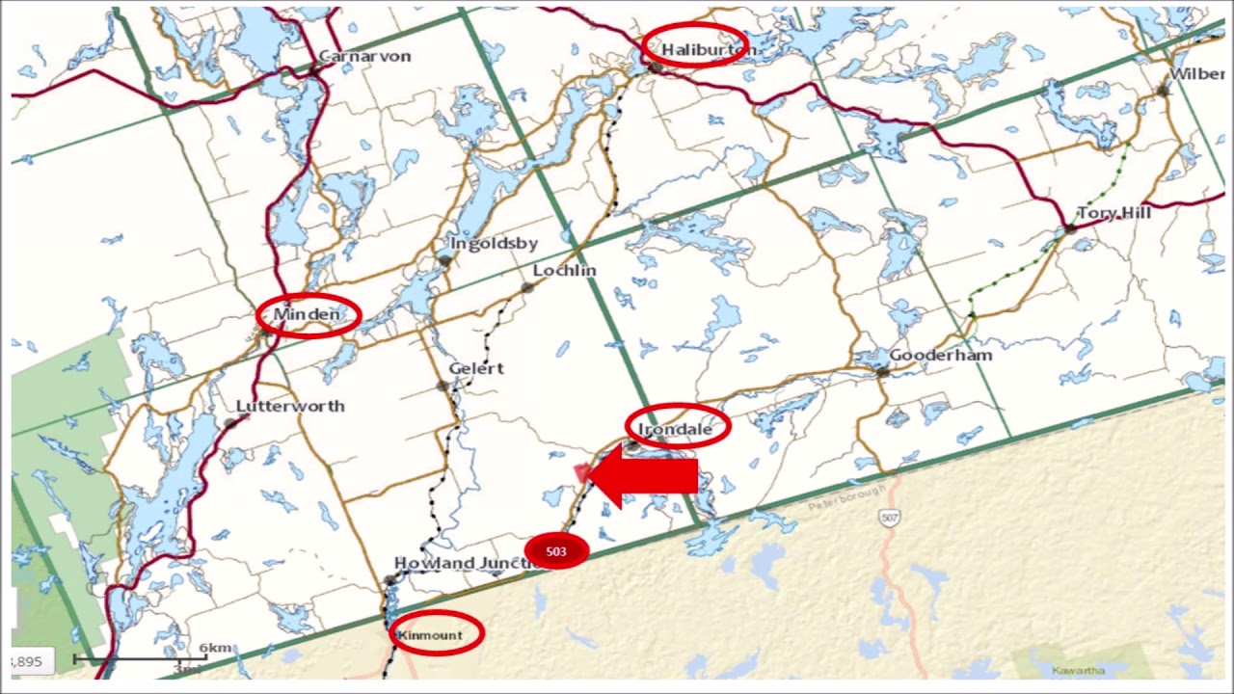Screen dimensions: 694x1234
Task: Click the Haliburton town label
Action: pos(705,49)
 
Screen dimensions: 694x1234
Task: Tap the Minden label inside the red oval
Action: pos(307,315)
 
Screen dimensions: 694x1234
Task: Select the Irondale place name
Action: pos(675,429)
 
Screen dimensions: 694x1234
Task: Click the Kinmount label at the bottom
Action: pos(430,635)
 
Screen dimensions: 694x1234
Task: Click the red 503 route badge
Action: pos(556,551)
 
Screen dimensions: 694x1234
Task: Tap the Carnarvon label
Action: pos(364,56)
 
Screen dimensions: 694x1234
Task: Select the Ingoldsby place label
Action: pos(494,243)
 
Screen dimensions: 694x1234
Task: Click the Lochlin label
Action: pos(564,271)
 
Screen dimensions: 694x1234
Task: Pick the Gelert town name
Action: pos(475,368)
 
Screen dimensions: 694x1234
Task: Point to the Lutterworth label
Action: pos(290,406)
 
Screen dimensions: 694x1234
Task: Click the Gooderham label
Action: pos(940,356)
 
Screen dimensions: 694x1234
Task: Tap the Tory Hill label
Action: pos(1113,213)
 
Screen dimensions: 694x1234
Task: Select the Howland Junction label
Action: pos(458,563)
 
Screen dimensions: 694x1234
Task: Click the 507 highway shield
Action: pos(889,519)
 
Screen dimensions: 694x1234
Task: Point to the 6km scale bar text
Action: pos(215,649)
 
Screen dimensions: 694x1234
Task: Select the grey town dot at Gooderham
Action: pos(880,370)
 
